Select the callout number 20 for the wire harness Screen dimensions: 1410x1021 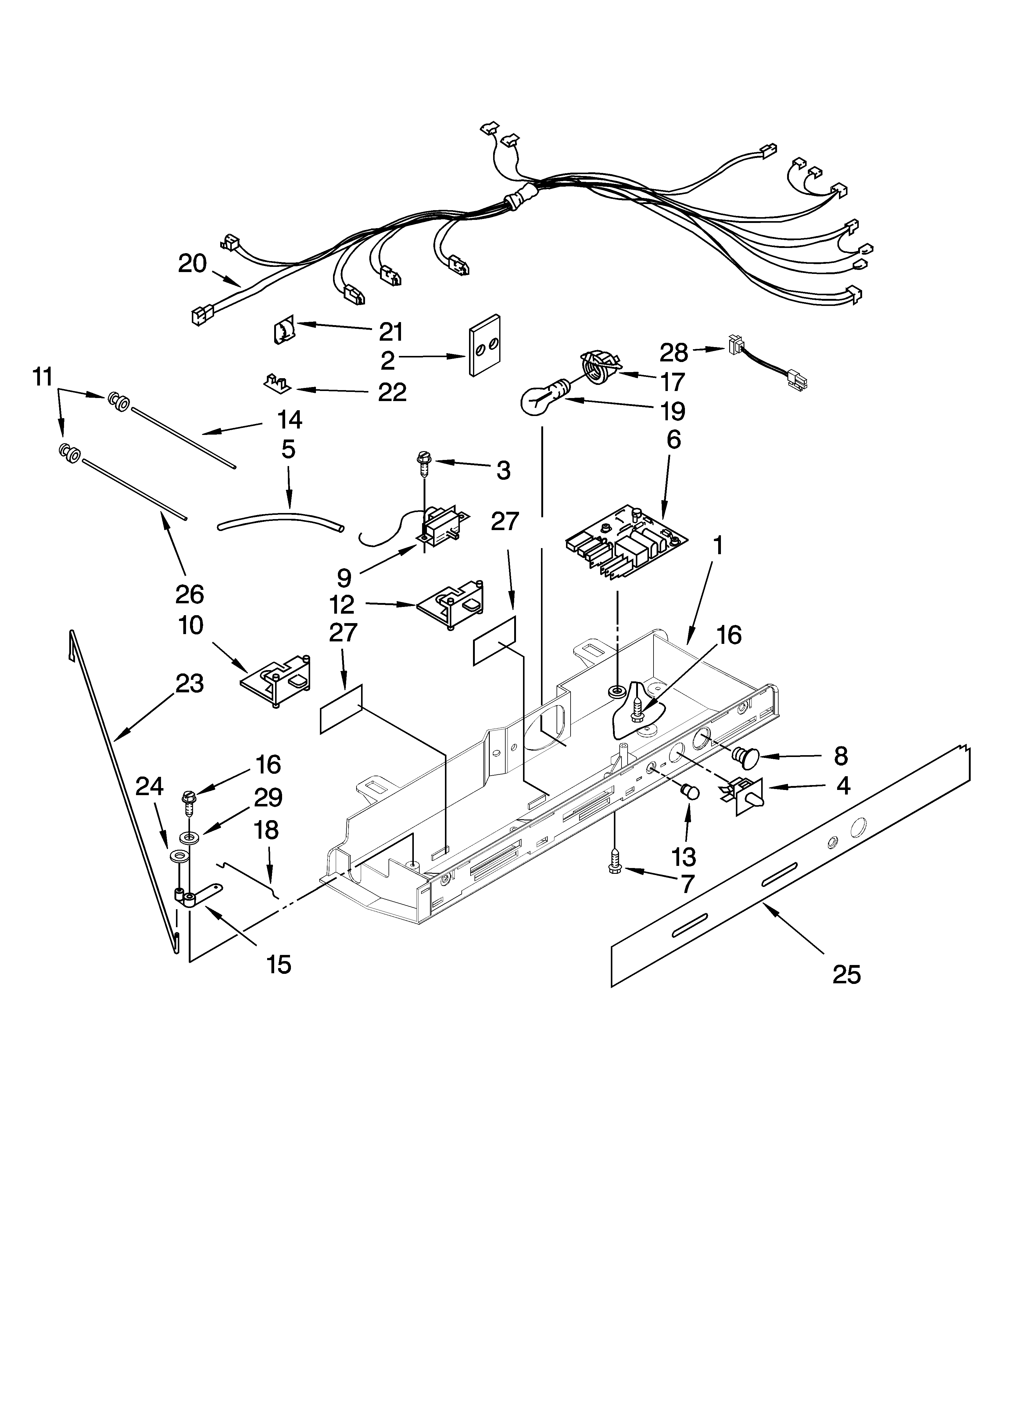192,264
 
